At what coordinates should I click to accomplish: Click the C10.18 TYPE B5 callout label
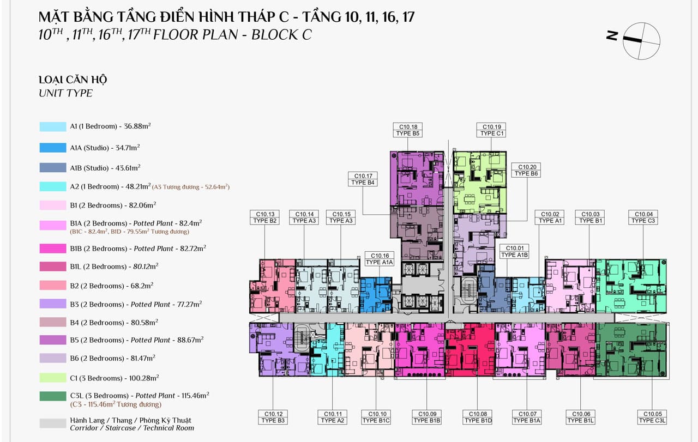pos(408,130)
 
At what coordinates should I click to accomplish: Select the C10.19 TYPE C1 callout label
pos(491,130)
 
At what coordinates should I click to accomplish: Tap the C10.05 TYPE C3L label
pos(652,417)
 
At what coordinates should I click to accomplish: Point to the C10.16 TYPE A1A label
pos(380,259)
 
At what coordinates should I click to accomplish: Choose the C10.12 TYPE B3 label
pos(273,417)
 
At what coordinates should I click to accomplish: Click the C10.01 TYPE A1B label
pos(514,251)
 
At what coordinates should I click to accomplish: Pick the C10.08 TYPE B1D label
pos(478,417)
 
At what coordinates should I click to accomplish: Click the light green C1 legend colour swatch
pos(53,378)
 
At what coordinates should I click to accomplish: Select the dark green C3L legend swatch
pos(53,396)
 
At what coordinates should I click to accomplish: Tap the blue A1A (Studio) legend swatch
pos(53,148)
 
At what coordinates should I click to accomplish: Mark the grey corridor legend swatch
pos(53,423)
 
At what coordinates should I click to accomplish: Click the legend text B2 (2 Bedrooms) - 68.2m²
pos(112,286)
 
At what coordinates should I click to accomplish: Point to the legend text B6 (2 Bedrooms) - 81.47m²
pos(112,358)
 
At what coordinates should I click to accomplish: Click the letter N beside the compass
pos(612,35)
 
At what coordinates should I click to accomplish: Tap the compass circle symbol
pos(641,41)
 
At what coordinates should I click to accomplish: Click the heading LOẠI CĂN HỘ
pos(73,80)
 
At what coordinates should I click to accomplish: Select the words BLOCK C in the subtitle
pos(281,34)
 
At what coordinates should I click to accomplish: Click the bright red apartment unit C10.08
pos(470,349)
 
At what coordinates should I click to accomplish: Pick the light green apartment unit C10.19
pos(480,182)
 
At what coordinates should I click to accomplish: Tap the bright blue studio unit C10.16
pos(376,295)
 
